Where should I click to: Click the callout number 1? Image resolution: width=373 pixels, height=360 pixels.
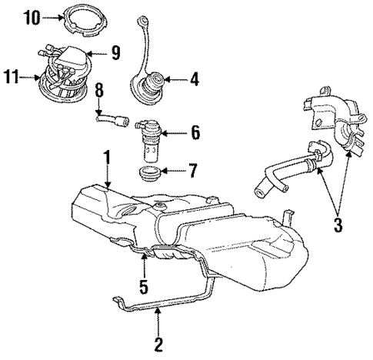pos(108,157)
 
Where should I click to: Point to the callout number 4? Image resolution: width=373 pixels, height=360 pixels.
pos(193,78)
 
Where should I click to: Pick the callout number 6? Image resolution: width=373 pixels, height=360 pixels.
pos(195,134)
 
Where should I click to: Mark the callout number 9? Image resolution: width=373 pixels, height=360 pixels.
pos(115,52)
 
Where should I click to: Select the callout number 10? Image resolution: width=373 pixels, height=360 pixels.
pos(28,15)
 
